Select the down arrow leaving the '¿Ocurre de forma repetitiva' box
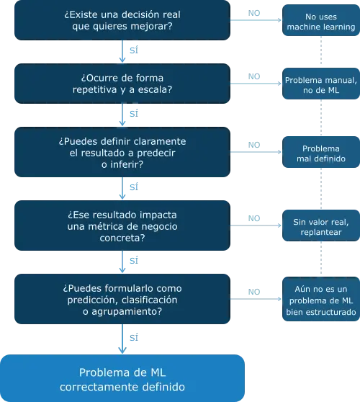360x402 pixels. tap(122, 115)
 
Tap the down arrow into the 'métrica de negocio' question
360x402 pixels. tap(122, 188)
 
